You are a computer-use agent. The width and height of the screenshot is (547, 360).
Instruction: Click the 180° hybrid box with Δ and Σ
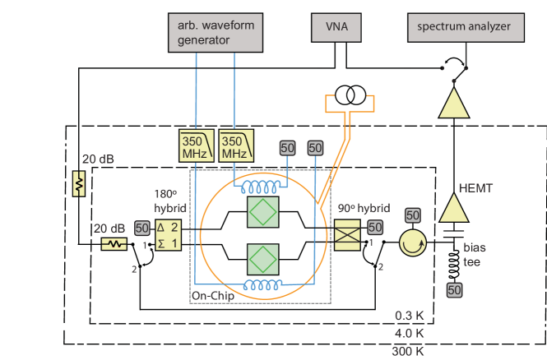tap(168, 237)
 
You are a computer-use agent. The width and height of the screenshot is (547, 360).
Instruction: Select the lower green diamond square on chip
tap(263, 261)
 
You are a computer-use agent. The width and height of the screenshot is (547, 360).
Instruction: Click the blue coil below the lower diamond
tap(262, 285)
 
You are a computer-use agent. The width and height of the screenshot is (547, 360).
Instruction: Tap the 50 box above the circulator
tap(414, 215)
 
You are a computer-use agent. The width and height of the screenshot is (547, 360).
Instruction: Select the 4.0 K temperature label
tap(409, 333)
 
